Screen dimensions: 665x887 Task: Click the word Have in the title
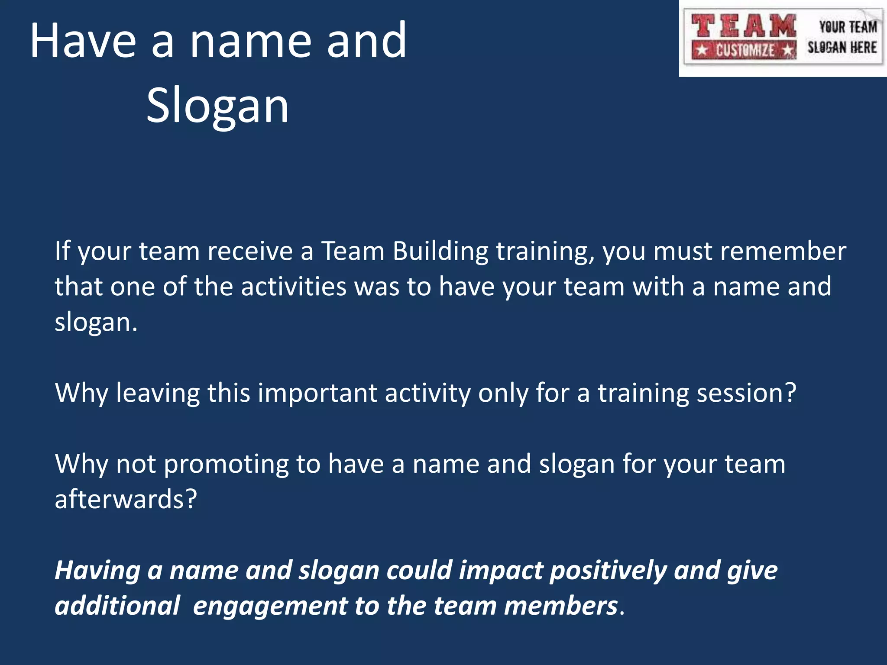pos(82,41)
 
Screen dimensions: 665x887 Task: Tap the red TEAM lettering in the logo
pos(743,26)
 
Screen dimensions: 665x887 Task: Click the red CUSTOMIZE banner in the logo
pos(744,50)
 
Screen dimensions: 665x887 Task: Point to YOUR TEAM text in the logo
pos(848,27)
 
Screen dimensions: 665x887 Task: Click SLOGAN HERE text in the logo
pos(842,47)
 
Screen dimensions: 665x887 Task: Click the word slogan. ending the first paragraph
pos(96,322)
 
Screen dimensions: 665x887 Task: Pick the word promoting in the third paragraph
pos(226,464)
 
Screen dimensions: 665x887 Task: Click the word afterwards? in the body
pos(126,499)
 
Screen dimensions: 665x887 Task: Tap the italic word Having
pos(97,571)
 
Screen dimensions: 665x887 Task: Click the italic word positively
pos(608,571)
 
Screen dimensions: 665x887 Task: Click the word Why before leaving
pos(81,393)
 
